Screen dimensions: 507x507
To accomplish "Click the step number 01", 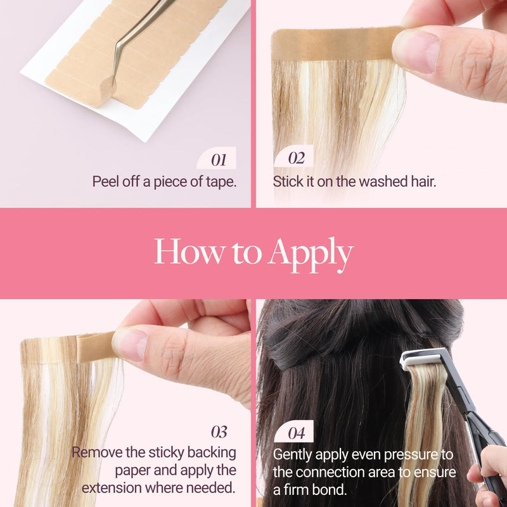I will tap(219, 160).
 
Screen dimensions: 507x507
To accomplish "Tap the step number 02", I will tap(297, 158).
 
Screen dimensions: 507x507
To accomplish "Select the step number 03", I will tap(219, 432).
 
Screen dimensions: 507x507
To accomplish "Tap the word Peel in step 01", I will tap(106, 181).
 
